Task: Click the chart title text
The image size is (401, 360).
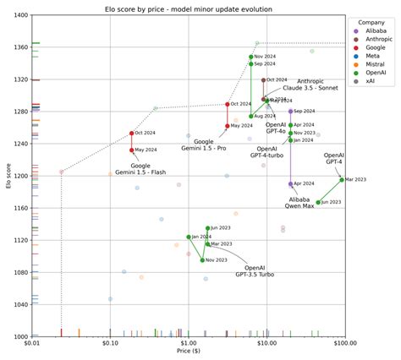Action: click(189, 8)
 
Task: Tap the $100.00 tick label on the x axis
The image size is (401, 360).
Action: click(344, 344)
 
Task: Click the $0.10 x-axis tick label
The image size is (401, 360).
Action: click(110, 344)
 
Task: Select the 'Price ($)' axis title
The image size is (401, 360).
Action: click(189, 353)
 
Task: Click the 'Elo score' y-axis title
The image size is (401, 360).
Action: click(6, 176)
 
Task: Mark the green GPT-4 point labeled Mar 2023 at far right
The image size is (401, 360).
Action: click(342, 179)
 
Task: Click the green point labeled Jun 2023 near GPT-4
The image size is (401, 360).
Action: click(318, 203)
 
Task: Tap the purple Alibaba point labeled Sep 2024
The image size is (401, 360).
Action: click(290, 111)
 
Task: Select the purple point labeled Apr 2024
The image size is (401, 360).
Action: click(290, 183)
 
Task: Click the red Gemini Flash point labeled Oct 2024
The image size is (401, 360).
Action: click(132, 133)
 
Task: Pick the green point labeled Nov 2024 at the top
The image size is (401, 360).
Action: click(251, 57)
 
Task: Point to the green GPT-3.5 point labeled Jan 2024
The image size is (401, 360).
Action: click(189, 237)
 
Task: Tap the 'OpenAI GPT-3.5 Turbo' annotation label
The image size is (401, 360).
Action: click(254, 270)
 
